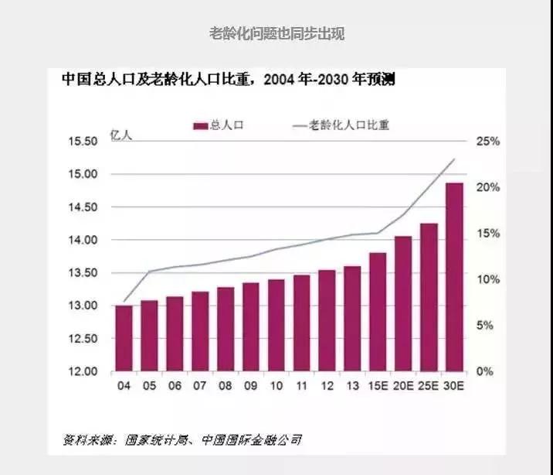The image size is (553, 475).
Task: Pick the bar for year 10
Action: point(276,325)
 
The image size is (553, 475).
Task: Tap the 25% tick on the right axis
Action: point(489,142)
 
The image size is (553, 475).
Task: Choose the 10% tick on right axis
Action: point(489,279)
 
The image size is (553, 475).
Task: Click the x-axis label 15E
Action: point(378,385)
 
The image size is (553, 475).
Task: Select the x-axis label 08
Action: point(225,385)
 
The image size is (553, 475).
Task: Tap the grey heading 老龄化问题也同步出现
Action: point(276,34)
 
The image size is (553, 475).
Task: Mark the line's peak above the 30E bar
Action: point(454,159)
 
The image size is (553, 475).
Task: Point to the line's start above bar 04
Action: point(124,302)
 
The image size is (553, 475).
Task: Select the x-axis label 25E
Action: point(429,385)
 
